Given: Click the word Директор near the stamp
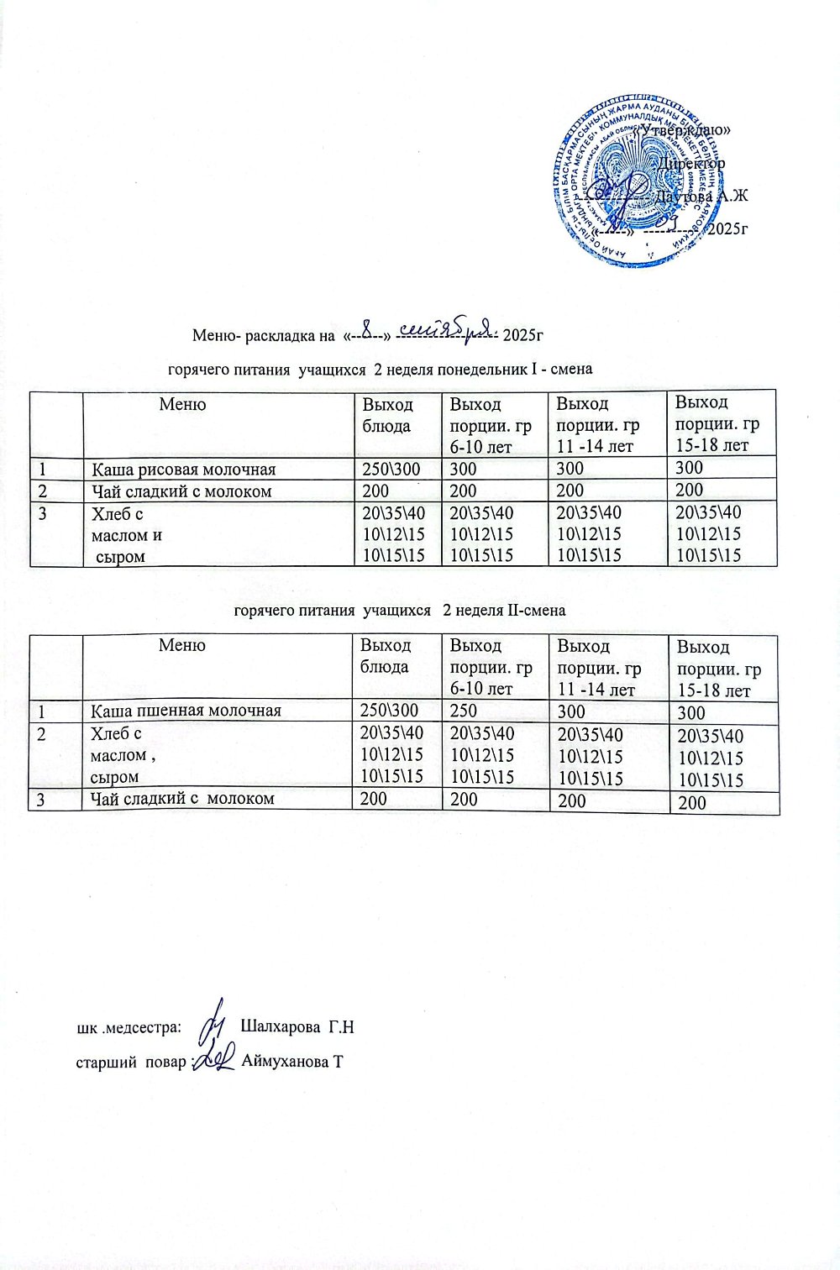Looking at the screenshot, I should [691, 163].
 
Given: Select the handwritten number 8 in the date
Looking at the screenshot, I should [367, 325].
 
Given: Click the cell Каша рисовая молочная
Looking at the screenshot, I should [183, 470].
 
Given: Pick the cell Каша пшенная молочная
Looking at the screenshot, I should [186, 711].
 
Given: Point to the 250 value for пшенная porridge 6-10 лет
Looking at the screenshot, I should [464, 711].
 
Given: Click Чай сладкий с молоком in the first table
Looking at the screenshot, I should [181, 491].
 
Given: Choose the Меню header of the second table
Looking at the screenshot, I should [182, 645].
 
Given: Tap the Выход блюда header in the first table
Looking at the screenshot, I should [387, 415].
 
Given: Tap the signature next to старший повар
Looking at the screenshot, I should [216, 1060].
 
